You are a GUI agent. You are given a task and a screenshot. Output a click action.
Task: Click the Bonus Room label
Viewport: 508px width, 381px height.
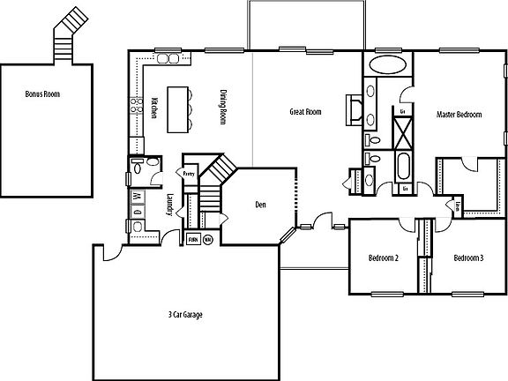tap(49, 93)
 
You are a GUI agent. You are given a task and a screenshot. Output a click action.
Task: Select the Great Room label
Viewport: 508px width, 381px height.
tap(306, 112)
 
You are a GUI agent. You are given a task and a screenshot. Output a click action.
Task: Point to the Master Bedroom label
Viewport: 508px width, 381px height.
tap(458, 116)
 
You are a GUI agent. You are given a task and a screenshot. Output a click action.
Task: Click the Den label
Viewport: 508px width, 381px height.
tap(260, 205)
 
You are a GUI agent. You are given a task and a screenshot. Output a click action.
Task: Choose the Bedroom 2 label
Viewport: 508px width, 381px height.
tap(384, 258)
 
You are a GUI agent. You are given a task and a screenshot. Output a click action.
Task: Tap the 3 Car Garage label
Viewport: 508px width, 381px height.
tap(186, 314)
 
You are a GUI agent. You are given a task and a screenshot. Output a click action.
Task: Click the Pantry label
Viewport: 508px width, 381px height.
tap(189, 175)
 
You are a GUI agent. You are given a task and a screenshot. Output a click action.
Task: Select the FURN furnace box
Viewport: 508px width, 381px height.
tap(192, 239)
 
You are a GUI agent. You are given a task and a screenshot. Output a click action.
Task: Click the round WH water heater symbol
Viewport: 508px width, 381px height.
tap(208, 239)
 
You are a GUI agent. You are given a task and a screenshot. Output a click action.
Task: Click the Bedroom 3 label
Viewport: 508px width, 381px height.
tap(468, 258)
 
